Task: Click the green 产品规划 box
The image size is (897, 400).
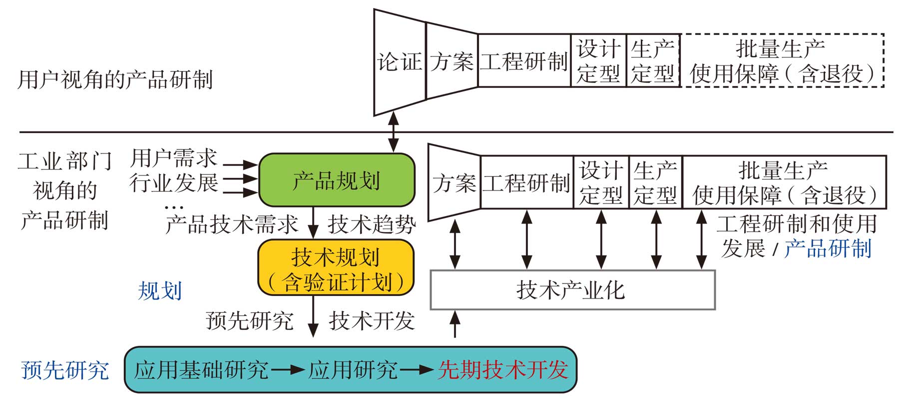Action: [336, 180]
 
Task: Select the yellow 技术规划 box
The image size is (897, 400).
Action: [336, 268]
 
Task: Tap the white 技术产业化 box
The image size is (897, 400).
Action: [572, 290]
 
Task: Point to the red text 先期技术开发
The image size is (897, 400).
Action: [502, 370]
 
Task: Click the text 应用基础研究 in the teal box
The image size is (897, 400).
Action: [201, 370]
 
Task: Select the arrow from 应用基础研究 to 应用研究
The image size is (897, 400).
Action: [288, 370]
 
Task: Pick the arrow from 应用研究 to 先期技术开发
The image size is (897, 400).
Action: [417, 370]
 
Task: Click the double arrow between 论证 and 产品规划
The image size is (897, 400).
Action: [394, 132]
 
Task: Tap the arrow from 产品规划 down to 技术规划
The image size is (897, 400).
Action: [313, 223]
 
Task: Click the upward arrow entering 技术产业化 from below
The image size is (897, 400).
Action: [454, 324]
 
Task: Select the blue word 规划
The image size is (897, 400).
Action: [160, 291]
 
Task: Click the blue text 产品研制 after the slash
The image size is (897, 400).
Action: [828, 248]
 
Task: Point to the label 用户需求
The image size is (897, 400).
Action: [173, 158]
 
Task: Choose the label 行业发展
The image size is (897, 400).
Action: [173, 183]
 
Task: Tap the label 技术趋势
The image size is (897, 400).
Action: [372, 224]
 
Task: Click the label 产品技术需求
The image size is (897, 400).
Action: [232, 224]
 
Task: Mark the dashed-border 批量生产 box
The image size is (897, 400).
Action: [783, 61]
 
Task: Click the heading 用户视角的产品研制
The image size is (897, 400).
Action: [115, 80]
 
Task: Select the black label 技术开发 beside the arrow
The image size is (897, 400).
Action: [372, 320]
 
